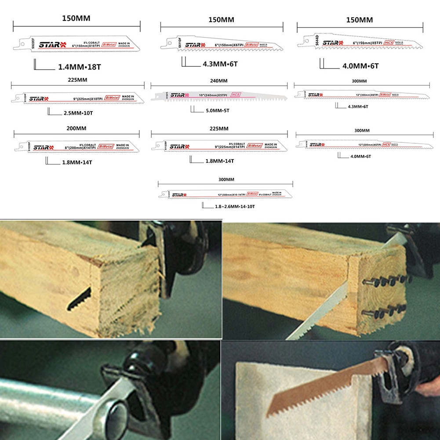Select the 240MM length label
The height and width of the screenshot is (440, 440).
(x=218, y=81)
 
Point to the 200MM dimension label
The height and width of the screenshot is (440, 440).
(x=77, y=128)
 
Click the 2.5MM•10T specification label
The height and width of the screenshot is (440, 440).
(x=78, y=113)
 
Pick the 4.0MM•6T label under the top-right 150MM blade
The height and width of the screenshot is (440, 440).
(x=360, y=66)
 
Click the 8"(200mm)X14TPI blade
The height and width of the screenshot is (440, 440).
(x=76, y=146)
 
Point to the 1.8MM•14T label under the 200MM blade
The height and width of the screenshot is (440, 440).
(x=76, y=162)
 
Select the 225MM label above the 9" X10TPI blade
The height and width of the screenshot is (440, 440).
(x=77, y=81)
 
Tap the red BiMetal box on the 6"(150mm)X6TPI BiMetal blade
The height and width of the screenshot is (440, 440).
(x=251, y=45)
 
